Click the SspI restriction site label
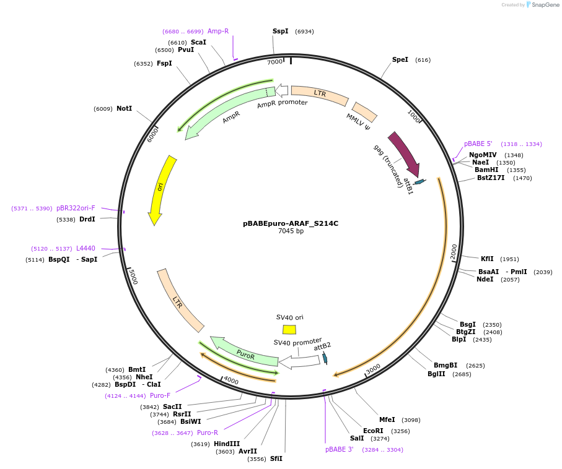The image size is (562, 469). [280, 31]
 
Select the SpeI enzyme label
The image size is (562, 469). [400, 59]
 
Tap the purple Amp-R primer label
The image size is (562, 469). [218, 31]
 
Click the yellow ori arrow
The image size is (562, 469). [162, 189]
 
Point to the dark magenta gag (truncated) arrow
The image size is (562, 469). [405, 153]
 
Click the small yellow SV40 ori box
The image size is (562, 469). [289, 330]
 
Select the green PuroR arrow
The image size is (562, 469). [244, 353]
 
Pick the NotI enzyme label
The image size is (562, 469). [124, 108]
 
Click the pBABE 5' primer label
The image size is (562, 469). [478, 144]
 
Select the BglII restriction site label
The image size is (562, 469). [436, 374]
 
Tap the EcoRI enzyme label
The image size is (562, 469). [373, 431]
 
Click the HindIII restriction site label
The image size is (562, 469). [227, 444]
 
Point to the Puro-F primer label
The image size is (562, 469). [160, 395]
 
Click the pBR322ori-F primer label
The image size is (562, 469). [76, 208]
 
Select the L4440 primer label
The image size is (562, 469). [86, 248]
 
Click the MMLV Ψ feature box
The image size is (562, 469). [364, 112]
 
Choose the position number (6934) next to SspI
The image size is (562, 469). [304, 32]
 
